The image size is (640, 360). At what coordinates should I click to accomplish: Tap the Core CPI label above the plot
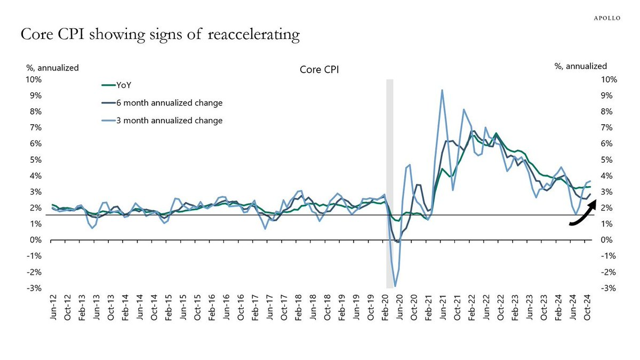pos(318,70)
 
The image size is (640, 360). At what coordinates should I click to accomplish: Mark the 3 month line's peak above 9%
pos(442,90)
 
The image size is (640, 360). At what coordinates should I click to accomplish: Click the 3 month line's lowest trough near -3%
pos(395,286)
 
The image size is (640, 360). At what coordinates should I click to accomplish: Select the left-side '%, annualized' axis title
pos(53,68)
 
